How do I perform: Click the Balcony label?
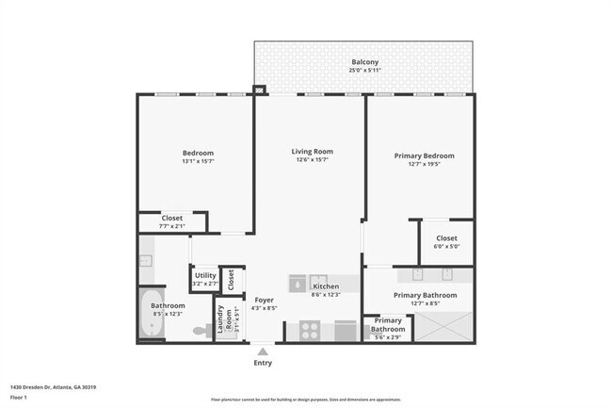365,62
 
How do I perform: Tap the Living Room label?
312,151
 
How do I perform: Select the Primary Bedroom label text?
425,155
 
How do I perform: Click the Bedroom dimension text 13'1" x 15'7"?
198,161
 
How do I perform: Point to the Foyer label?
265,300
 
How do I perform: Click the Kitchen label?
325,286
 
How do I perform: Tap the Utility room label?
205,275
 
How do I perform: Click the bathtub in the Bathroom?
152,318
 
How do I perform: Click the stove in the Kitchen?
310,330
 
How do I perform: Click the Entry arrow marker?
263,351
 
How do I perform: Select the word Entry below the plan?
263,362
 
